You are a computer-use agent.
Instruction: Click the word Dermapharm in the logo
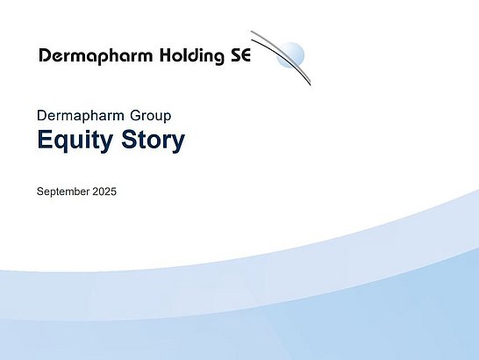(x=96, y=56)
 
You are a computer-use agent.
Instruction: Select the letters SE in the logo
(x=240, y=55)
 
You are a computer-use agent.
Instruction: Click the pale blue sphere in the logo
(x=290, y=55)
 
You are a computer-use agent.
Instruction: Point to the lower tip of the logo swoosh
(x=311, y=85)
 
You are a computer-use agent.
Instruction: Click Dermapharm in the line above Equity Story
(x=81, y=116)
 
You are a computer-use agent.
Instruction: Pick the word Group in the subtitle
(x=150, y=116)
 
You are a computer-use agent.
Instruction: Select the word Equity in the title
(x=75, y=140)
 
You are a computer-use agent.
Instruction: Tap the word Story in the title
(x=153, y=140)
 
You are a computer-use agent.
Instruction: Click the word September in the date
(x=63, y=191)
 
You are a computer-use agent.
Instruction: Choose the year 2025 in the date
(x=104, y=191)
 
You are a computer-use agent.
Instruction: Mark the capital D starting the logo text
(x=45, y=55)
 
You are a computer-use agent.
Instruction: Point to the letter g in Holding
(x=218, y=57)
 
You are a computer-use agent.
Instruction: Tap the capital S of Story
(x=129, y=140)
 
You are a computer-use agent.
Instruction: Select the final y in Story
(x=178, y=143)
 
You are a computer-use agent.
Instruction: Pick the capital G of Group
(x=135, y=116)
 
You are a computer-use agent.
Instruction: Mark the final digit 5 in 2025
(x=114, y=191)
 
